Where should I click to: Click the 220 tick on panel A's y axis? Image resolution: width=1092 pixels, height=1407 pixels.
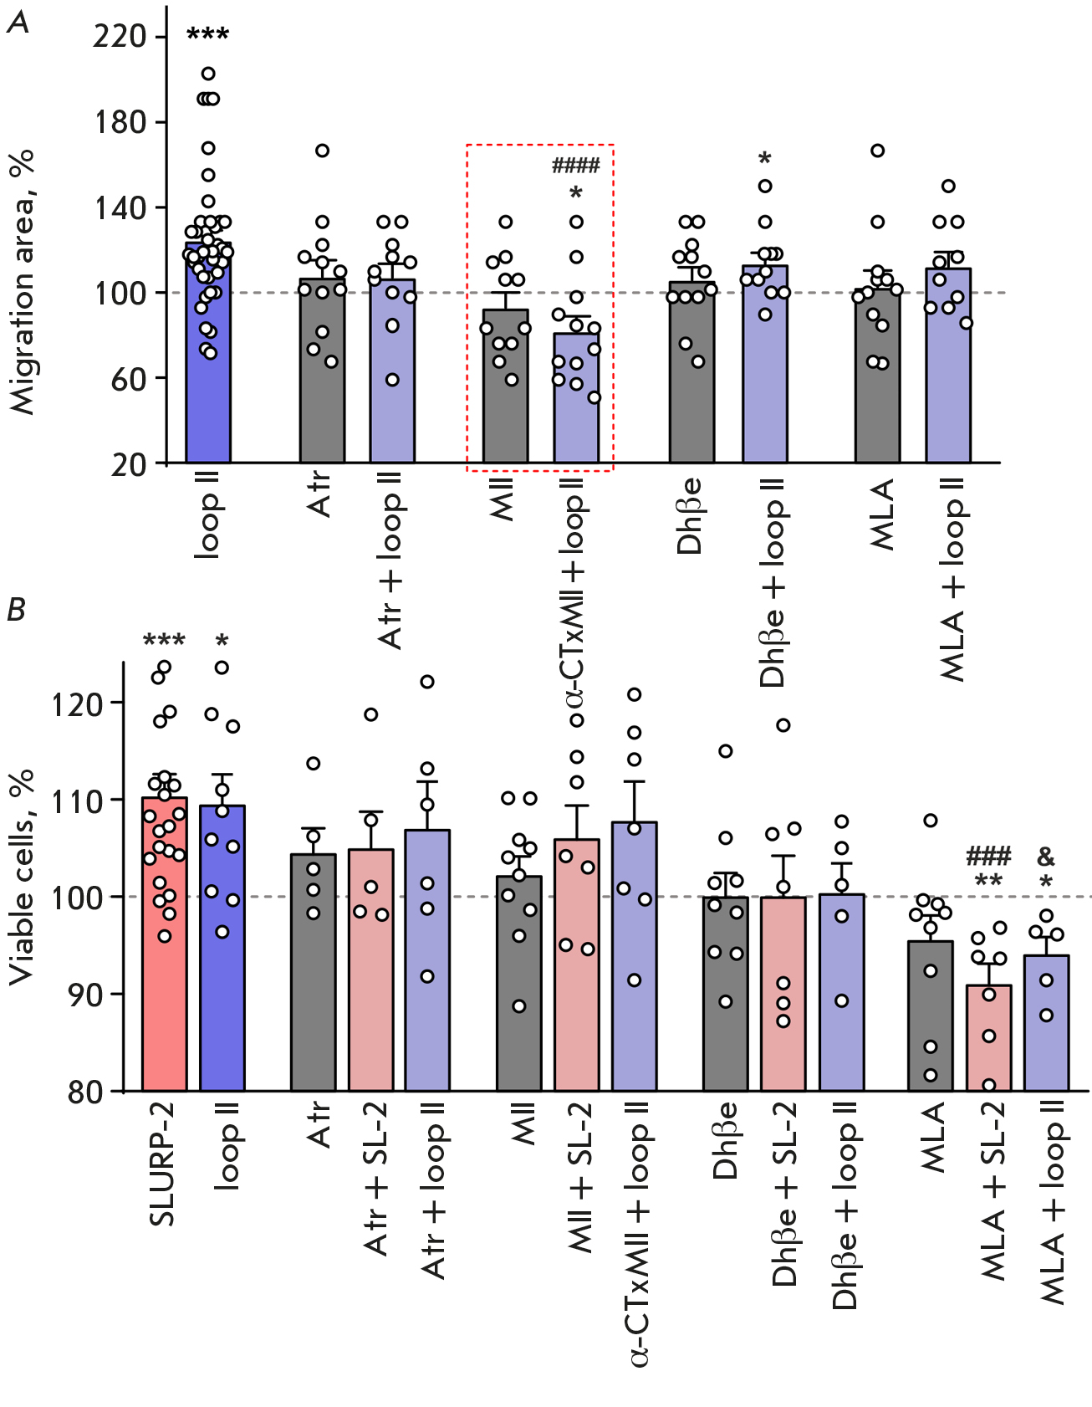[x=120, y=37]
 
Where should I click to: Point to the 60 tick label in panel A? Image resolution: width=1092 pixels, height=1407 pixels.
[x=129, y=379]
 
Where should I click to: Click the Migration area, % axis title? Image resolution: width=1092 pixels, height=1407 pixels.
[x=24, y=281]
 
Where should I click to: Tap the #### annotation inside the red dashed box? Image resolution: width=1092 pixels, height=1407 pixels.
[x=575, y=165]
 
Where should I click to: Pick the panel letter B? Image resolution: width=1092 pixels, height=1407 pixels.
[x=16, y=610]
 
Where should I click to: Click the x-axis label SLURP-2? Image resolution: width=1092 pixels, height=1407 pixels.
[x=162, y=1164]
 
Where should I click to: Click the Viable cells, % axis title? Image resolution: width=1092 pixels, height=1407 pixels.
[x=23, y=876]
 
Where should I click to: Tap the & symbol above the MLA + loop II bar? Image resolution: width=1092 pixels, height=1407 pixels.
[x=1046, y=857]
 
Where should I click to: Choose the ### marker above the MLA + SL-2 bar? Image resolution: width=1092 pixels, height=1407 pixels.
[x=988, y=857]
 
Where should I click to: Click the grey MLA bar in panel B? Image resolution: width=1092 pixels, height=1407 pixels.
[x=931, y=1021]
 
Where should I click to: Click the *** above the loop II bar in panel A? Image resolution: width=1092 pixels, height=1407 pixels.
[x=207, y=35]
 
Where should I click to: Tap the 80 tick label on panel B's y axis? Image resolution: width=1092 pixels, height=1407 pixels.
[x=86, y=1092]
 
